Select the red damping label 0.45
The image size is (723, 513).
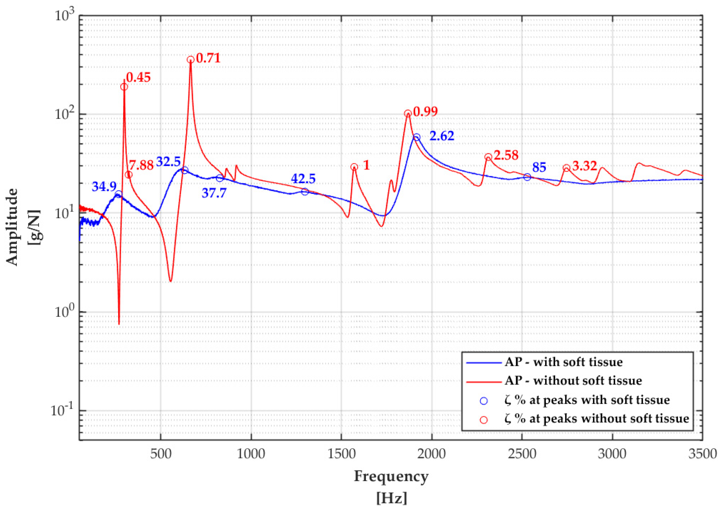tap(139, 78)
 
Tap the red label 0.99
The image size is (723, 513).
tap(425, 112)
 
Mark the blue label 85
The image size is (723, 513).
tap(539, 167)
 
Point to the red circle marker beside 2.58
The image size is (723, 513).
tap(488, 157)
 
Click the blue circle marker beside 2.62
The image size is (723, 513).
tap(416, 137)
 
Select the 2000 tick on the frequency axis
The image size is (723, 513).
tap(431, 454)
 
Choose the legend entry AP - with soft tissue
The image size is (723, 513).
tap(563, 362)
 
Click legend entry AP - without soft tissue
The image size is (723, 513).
tap(573, 381)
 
